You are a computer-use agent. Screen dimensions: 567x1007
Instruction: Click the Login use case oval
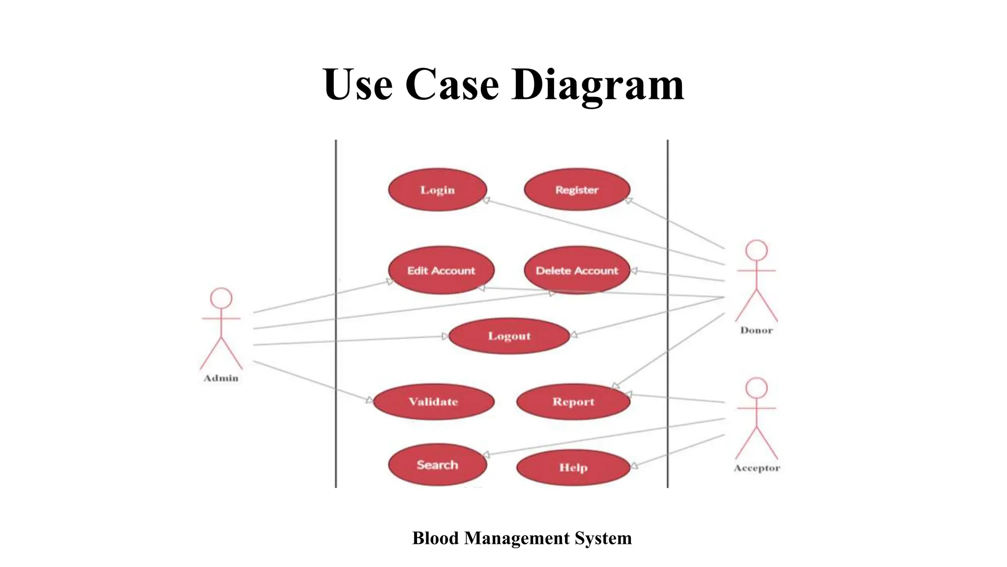coord(437,190)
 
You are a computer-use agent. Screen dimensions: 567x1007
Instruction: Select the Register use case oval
coord(577,190)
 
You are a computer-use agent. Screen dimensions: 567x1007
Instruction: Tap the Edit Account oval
coord(441,271)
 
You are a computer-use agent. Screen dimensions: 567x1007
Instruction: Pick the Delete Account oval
coord(577,271)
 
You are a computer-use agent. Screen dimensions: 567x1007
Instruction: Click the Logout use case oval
coord(509,336)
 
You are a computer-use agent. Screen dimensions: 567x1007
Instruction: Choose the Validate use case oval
coord(433,402)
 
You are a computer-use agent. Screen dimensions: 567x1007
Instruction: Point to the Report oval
coord(573,402)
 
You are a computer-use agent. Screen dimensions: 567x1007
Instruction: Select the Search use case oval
coord(437,465)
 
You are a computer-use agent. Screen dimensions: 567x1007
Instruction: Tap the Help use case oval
coord(573,467)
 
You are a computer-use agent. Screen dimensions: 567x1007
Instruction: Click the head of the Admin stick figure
coord(221,298)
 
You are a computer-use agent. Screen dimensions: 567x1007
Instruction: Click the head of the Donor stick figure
coord(756,251)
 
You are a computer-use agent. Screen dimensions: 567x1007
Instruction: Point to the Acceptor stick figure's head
coord(756,388)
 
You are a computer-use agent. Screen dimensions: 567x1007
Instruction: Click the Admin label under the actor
coord(221,378)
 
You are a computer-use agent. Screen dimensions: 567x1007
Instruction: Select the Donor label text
coord(756,330)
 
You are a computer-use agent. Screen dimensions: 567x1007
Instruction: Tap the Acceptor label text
coord(757,468)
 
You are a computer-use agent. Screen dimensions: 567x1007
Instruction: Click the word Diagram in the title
coord(597,85)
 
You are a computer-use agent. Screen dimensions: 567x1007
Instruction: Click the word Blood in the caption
coord(435,538)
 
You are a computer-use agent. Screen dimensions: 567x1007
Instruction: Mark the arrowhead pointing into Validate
coord(370,400)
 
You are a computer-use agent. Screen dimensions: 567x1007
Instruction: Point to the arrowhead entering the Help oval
coord(634,466)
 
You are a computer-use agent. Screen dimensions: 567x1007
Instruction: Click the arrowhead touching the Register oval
coord(628,200)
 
